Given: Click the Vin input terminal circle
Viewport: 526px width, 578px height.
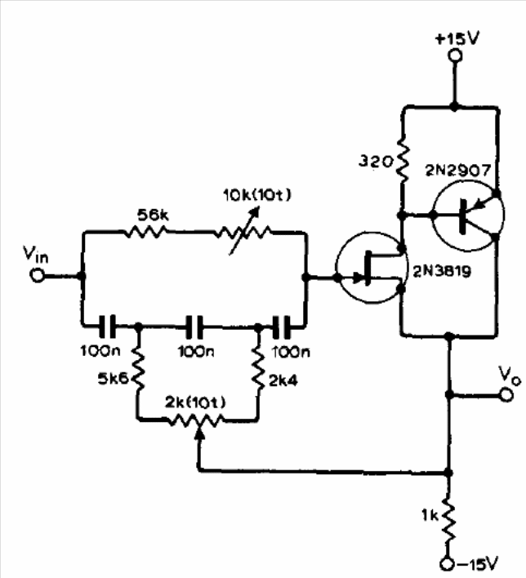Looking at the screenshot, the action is tap(38, 275).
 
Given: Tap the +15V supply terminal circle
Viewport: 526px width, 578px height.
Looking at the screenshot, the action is tap(455, 56).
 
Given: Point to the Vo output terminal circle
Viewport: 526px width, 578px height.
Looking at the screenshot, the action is tap(506, 395).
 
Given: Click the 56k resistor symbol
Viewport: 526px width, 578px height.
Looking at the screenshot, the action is tap(145, 232).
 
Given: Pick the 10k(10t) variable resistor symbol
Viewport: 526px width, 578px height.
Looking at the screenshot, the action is tap(243, 232).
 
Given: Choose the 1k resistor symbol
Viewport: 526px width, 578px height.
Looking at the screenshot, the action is tap(448, 521).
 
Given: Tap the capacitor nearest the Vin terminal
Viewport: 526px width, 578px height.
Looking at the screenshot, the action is tap(107, 327).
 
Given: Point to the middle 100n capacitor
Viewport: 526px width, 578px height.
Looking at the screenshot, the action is tap(194, 327).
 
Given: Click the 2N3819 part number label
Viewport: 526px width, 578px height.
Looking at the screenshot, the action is tap(442, 272).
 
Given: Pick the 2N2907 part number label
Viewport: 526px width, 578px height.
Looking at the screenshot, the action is tap(458, 171).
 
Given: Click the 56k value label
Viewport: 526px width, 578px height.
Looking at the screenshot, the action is tap(153, 215).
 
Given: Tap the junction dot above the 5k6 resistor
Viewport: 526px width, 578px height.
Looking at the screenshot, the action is tap(138, 327).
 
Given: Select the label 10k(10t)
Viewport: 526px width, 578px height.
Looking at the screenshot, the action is tap(257, 195).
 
